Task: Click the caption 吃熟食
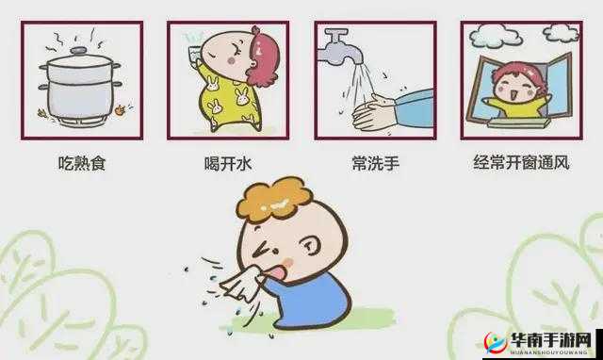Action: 80,164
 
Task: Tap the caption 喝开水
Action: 227,164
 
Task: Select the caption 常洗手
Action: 374,164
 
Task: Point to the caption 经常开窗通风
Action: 521,164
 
